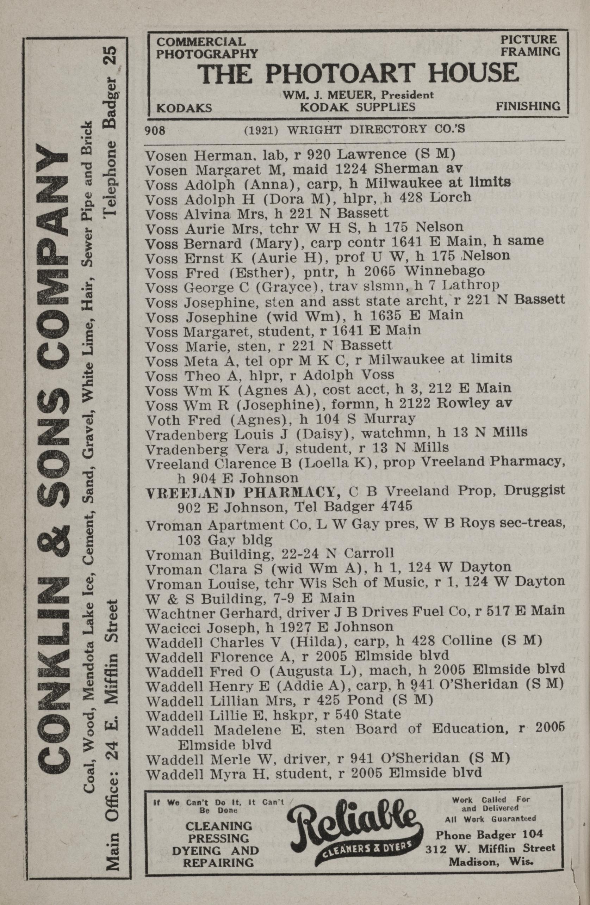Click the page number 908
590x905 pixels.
[x=155, y=130]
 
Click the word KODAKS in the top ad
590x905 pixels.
[x=184, y=107]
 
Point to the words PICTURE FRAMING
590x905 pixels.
[x=530, y=45]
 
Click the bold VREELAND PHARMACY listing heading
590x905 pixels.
[x=243, y=492]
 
